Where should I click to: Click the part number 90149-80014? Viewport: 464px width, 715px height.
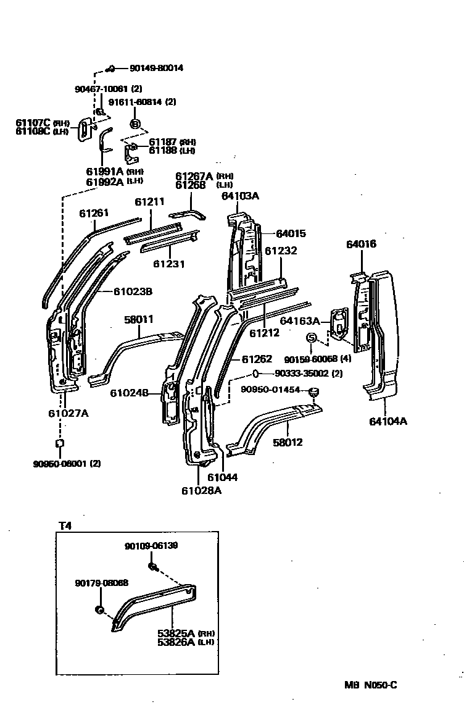(156, 69)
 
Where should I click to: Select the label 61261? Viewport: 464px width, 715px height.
(94, 214)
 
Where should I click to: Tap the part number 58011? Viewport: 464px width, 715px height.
(139, 319)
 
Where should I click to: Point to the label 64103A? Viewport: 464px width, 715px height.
(240, 196)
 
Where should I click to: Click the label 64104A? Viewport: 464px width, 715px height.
(388, 422)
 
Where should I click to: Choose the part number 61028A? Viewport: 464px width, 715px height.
(201, 491)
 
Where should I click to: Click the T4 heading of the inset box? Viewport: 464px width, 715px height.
(65, 526)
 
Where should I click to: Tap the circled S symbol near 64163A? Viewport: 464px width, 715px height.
(312, 337)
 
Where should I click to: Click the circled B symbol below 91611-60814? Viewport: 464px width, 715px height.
(135, 124)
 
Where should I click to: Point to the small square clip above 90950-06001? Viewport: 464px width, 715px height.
(59, 443)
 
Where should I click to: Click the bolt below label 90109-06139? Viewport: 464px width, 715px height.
(152, 566)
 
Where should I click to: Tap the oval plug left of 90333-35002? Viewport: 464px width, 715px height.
(255, 374)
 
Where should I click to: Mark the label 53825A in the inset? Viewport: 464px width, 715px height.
(176, 633)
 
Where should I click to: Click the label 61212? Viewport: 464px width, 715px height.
(264, 333)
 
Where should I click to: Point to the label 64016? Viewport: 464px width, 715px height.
(361, 245)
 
